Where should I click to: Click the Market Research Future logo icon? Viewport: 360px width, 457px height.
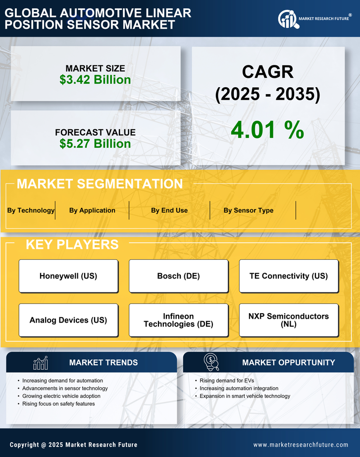coord(287,19)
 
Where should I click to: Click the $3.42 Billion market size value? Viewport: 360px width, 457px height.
coord(95,80)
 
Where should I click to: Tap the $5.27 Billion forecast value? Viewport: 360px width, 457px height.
coord(95,144)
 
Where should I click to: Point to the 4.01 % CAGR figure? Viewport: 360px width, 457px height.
coord(267,130)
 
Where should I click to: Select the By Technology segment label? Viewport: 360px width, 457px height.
coord(31,210)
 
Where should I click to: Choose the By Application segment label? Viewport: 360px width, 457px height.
coord(92,210)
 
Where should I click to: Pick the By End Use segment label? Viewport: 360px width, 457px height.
coord(169,210)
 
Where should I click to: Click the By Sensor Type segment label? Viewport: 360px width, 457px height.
coord(248,210)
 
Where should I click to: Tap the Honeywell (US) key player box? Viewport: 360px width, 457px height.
coord(68,276)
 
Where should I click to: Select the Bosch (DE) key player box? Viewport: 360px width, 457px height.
coord(178,276)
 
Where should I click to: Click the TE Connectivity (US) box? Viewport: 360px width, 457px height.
coord(289,276)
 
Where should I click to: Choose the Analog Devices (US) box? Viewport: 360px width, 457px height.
coord(68,320)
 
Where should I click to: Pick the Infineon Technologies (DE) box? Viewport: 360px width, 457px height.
coord(178,320)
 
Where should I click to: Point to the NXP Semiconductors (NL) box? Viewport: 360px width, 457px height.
coord(289,320)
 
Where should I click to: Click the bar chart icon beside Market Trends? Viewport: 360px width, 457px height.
coord(40,363)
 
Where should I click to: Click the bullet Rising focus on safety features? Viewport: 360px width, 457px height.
coord(58,404)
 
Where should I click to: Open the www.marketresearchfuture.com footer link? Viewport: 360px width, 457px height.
coord(301,445)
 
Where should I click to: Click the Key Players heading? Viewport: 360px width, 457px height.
coord(72,244)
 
